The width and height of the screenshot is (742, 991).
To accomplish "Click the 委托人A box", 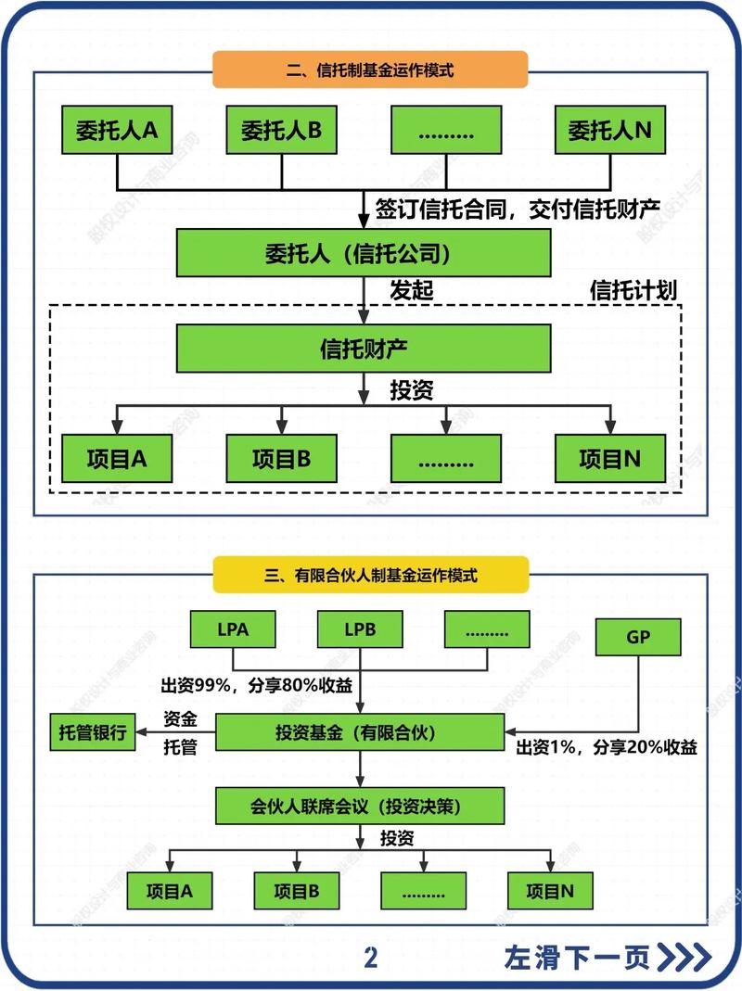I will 117,130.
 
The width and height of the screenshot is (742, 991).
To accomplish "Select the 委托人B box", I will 281,130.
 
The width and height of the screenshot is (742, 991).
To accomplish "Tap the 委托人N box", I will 609,130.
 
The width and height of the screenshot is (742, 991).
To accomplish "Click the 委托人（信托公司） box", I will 364,253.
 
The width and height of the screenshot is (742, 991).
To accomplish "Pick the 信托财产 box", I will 364,349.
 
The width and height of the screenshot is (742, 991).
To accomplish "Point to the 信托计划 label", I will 633,290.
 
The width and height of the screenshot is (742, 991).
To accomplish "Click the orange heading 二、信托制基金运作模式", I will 370,70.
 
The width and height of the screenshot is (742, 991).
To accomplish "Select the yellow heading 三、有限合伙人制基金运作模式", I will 370,575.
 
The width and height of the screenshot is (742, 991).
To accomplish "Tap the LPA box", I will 232,629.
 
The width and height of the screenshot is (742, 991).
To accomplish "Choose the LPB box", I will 360,629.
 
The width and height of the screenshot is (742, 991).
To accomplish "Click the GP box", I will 638,637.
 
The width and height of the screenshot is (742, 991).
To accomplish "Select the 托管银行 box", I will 93,731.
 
